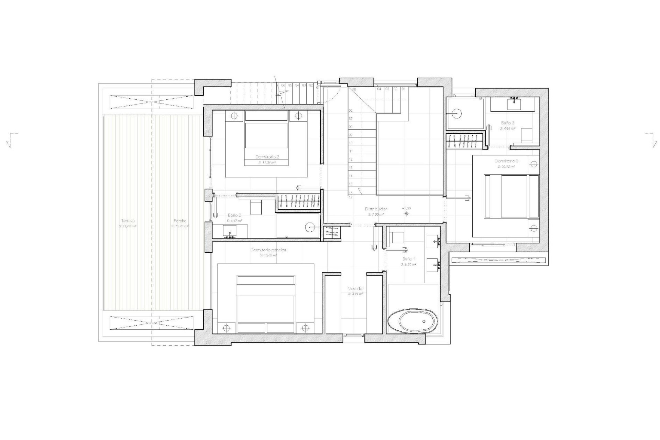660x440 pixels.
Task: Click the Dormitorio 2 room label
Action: pos(267,157)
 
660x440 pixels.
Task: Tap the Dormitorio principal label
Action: pos(269,250)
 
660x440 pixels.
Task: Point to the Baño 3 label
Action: pos(507,123)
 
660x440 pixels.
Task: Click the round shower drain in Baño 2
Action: pos(310,227)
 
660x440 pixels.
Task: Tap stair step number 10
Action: pos(351,143)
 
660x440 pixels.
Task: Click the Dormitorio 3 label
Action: pos(506,161)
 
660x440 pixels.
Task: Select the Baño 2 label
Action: pos(234,215)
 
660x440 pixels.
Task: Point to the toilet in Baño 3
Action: pos(526,134)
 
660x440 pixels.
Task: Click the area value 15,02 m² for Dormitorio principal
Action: pos(268,255)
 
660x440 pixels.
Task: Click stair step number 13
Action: pos(351,168)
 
